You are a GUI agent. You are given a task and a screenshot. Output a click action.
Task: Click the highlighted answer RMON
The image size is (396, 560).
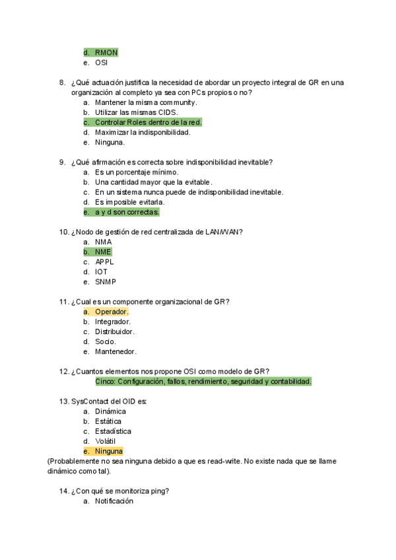(106, 53)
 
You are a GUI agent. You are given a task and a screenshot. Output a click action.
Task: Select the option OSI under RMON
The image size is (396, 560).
(101, 63)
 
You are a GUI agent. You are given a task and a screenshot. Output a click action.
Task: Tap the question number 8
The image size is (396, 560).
(62, 83)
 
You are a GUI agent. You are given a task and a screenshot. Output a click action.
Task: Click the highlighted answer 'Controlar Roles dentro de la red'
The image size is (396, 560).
(148, 122)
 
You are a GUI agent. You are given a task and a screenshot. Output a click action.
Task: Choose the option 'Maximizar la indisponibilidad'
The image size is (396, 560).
(143, 132)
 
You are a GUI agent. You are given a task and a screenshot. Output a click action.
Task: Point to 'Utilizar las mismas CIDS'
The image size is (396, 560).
(136, 112)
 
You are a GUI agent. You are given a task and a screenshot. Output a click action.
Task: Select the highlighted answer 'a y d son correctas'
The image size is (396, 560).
(127, 212)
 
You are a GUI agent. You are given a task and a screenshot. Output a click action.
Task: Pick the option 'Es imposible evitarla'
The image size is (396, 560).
(129, 202)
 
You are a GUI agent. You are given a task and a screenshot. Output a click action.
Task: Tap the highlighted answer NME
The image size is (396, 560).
(103, 252)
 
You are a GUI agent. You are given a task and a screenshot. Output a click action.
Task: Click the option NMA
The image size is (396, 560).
(103, 242)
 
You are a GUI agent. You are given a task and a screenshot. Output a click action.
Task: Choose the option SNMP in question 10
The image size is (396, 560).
(106, 282)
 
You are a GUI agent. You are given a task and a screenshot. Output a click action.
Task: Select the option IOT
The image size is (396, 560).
(101, 271)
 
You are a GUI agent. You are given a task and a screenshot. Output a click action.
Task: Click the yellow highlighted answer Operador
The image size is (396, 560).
(112, 312)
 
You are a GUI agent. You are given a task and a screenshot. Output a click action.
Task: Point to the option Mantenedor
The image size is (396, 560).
(115, 351)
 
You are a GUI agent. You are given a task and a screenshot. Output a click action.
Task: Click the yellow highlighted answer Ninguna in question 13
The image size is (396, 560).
(108, 451)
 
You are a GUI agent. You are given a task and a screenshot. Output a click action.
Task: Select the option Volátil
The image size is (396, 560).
(108, 441)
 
